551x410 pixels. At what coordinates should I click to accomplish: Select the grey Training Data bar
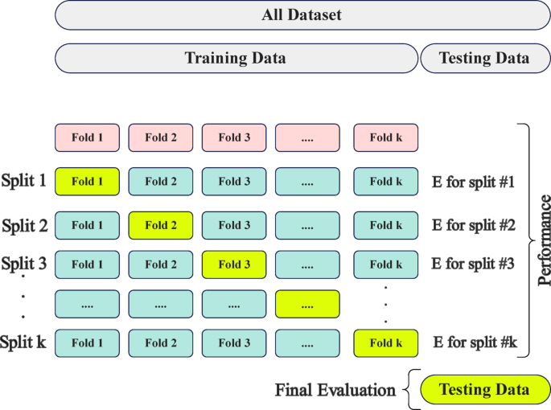[x=235, y=58]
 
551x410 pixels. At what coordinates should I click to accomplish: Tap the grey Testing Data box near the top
[x=484, y=58]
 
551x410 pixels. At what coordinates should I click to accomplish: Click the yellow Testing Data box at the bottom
[x=484, y=390]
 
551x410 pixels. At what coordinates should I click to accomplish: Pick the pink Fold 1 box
[x=87, y=137]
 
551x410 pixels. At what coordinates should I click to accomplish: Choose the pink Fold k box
[x=385, y=137]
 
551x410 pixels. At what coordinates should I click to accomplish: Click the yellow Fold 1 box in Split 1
[x=87, y=182]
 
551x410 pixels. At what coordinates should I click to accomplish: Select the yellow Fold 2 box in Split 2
[x=161, y=226]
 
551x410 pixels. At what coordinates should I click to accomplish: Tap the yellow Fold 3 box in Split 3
[x=234, y=264]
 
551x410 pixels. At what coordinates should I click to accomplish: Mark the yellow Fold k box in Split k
[x=385, y=343]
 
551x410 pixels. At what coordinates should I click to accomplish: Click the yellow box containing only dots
[x=307, y=305]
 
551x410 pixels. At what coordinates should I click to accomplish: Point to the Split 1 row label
[x=25, y=181]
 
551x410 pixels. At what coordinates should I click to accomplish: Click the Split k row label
[x=24, y=342]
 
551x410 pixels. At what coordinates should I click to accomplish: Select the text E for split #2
[x=473, y=226]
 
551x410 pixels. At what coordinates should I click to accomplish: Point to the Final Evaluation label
[x=335, y=391]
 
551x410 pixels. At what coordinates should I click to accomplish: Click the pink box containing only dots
[x=307, y=137]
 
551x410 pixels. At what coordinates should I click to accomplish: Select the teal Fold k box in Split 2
[x=385, y=226]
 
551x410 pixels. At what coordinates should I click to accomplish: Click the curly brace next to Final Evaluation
[x=411, y=390]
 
